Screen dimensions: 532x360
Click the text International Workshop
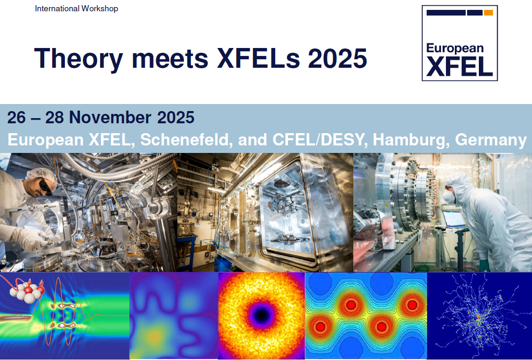point(76,8)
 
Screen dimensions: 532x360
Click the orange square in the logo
point(488,13)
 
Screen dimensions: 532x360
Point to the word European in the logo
point(455,48)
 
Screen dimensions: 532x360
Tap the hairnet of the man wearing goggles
point(41,174)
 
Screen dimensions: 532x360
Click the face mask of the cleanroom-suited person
point(449,196)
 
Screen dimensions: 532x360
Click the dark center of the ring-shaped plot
point(261,315)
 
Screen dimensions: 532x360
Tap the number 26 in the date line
point(16,118)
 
